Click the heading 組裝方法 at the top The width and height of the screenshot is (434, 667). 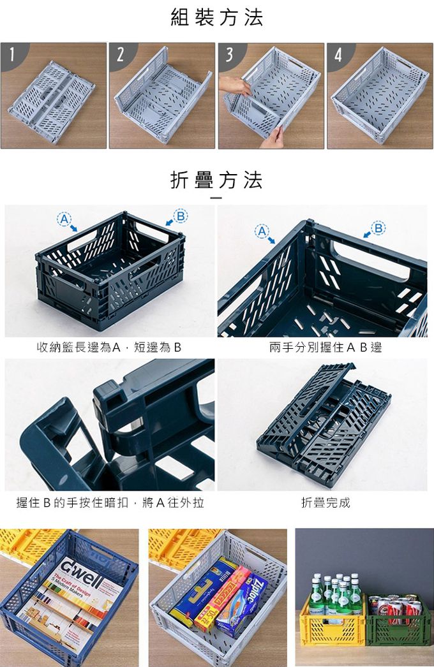tap(216, 17)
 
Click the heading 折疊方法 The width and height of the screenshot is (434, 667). tap(216, 180)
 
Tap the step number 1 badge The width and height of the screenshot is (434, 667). tap(10, 54)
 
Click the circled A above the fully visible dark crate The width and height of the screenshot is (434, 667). tap(63, 219)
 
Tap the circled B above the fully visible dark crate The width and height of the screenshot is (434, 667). tap(181, 216)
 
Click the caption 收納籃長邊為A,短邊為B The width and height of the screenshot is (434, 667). tap(109, 348)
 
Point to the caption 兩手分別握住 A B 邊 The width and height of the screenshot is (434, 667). tap(325, 348)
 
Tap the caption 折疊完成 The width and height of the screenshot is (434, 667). tap(325, 502)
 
